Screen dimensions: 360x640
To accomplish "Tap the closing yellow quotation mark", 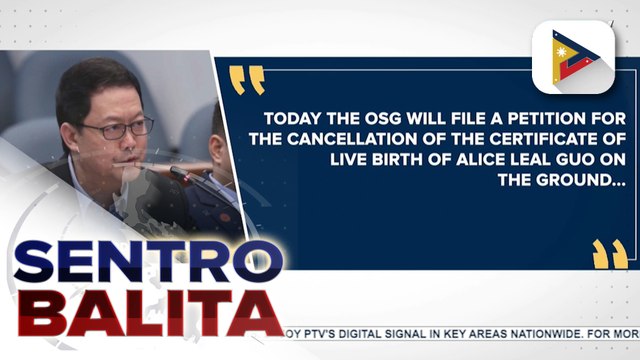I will (x=609, y=254).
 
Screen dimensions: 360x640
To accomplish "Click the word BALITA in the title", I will (x=140, y=319).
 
